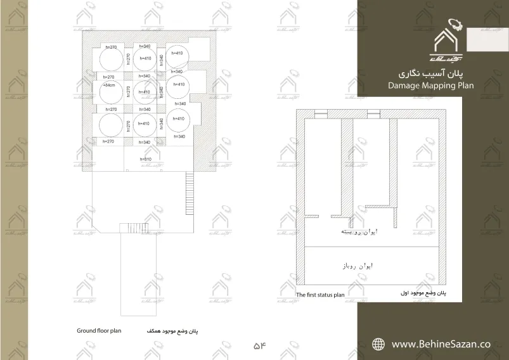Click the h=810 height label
145,159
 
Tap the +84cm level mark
108,84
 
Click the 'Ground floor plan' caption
99,330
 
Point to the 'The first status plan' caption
320,295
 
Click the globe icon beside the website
378,344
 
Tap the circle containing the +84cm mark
109,91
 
